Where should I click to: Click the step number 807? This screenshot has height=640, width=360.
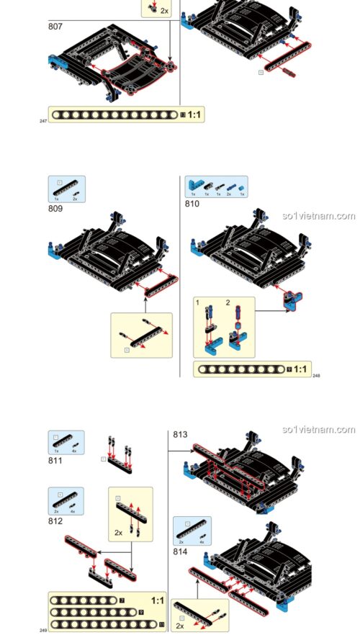pos(55,27)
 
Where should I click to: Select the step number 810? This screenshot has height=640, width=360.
pos(192,204)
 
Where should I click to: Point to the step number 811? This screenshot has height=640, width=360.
pos(55,461)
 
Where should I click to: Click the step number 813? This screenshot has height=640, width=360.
pos(180,434)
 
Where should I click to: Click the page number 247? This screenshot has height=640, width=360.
pos(43,121)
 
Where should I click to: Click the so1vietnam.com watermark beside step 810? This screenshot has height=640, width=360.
pos(318,216)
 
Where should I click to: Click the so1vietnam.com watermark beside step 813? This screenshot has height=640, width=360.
pos(318,430)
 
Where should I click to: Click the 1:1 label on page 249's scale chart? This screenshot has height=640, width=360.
pos(158,600)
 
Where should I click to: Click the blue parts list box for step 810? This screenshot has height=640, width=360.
pos(216,186)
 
